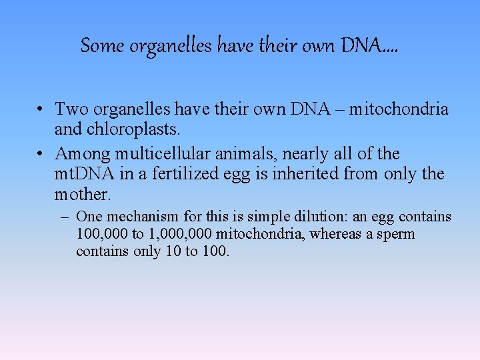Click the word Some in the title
pos(102,46)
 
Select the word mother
pos(82,195)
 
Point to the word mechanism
pos(139,217)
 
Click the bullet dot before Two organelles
pos(41,109)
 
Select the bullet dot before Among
pos(41,155)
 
